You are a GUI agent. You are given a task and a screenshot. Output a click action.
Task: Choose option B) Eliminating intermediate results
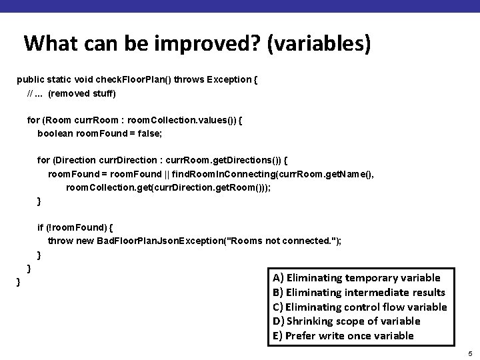(359, 292)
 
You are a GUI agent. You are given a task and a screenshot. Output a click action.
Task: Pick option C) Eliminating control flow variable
(359, 307)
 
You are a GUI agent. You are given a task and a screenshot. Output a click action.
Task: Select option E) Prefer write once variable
(343, 336)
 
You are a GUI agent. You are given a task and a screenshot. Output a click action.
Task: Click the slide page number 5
(469, 353)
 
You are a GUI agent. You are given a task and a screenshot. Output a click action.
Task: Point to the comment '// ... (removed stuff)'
(71, 93)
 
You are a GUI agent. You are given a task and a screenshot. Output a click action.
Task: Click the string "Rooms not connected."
(284, 241)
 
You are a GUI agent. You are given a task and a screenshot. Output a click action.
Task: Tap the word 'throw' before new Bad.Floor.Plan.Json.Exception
(60, 241)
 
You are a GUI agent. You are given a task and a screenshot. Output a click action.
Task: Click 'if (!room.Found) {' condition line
(75, 227)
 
